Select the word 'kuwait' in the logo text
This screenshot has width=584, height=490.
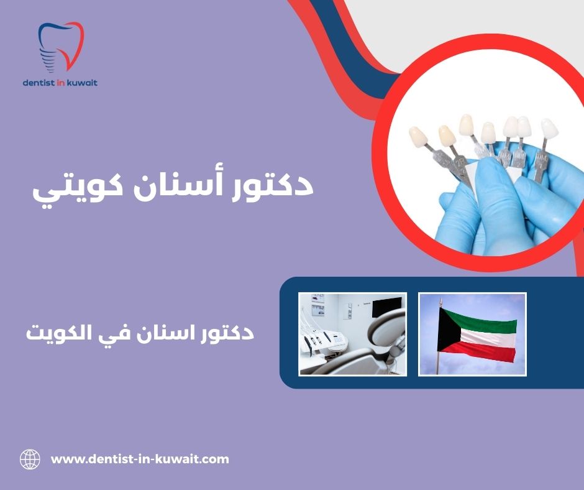point(83,82)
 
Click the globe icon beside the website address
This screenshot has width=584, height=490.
point(30,460)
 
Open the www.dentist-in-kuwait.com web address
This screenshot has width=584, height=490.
point(140,460)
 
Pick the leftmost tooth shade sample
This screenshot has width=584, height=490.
point(417,137)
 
